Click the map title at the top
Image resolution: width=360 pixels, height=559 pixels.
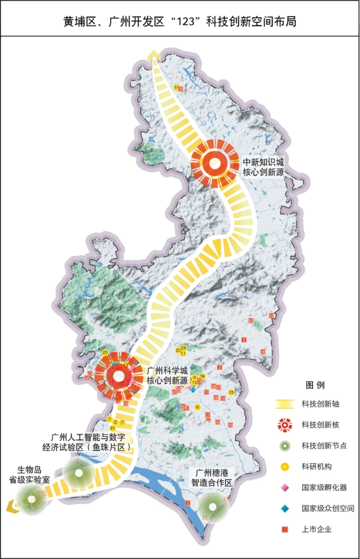(179, 22)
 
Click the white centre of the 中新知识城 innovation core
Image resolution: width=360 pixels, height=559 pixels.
(214, 163)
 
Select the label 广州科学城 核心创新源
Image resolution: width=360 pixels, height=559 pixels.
(167, 376)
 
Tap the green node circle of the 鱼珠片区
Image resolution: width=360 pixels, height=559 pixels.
(78, 472)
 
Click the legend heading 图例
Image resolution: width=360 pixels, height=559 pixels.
(315, 386)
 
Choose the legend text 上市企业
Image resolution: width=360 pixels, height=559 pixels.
(314, 529)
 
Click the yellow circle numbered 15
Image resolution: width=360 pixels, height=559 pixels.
(231, 392)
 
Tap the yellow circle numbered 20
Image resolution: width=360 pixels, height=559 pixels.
(105, 353)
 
